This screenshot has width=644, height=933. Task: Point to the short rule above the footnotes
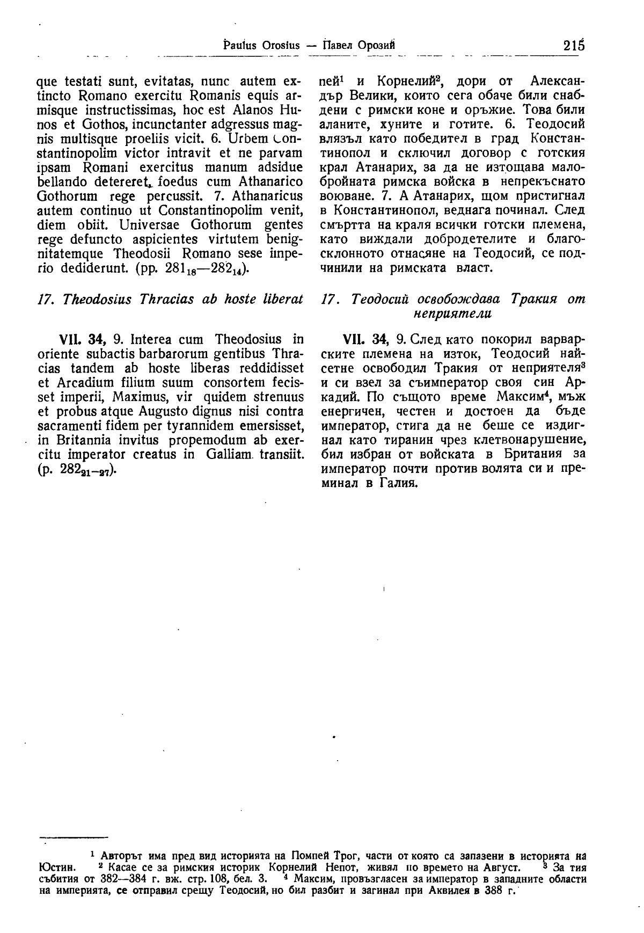(74, 837)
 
